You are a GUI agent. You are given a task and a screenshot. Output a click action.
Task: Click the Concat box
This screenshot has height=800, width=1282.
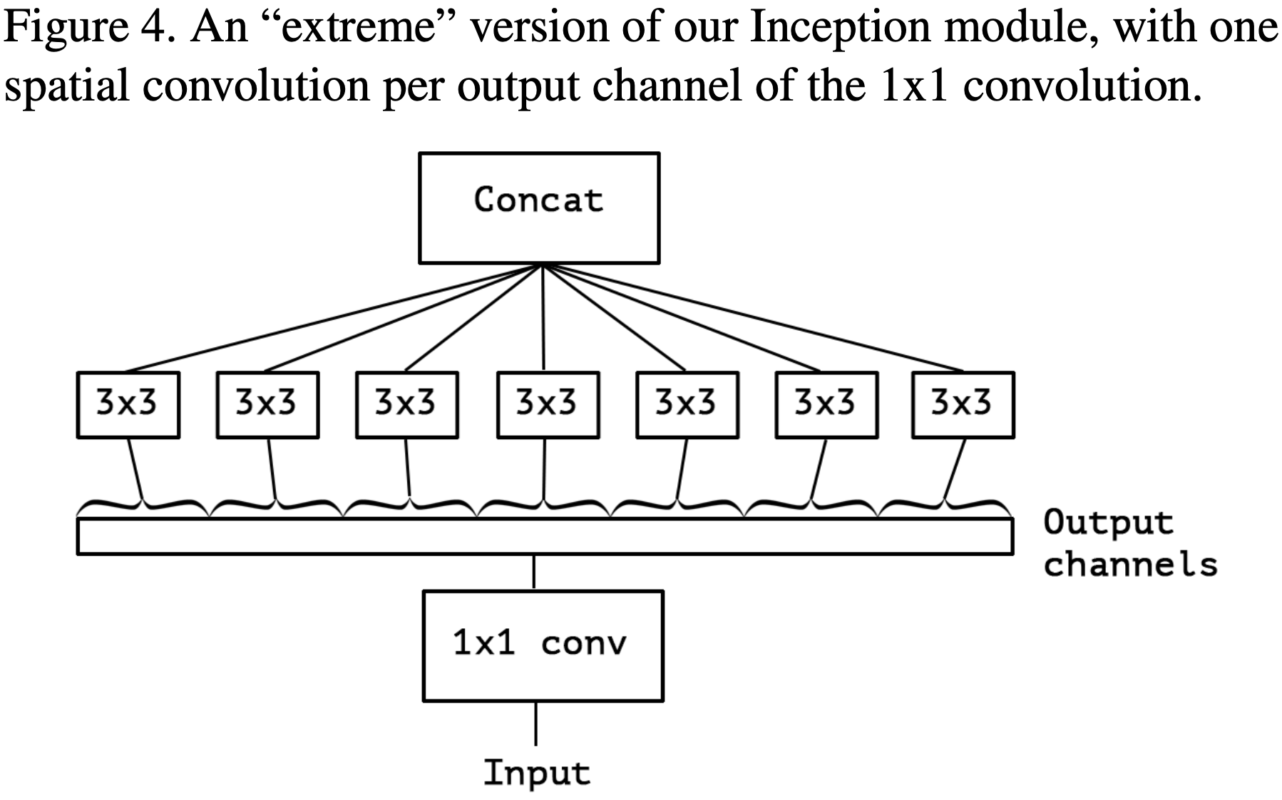tap(539, 207)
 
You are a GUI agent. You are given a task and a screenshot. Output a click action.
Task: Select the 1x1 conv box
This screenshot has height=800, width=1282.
tap(543, 645)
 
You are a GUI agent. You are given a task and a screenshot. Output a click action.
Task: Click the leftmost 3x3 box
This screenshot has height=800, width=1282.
tap(128, 404)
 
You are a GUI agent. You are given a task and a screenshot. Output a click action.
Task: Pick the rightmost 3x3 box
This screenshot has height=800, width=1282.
tap(963, 404)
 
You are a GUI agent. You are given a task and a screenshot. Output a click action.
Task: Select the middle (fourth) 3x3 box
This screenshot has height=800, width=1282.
tap(548, 404)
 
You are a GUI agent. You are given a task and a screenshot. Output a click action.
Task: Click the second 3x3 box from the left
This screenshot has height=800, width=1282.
tap(267, 404)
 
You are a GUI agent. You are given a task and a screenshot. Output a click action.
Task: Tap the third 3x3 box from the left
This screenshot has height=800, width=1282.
tap(407, 404)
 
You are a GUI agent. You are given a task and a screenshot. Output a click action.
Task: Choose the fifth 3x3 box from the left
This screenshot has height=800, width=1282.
tap(687, 404)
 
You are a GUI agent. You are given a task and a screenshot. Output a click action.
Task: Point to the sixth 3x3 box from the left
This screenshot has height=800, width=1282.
tap(826, 404)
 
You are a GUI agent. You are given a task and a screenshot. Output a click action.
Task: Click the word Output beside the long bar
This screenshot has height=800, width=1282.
tap(1108, 523)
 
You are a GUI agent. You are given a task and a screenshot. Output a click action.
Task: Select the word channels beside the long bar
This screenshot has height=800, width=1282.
tap(1130, 564)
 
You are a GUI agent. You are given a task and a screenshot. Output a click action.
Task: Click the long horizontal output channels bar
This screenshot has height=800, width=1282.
tap(545, 536)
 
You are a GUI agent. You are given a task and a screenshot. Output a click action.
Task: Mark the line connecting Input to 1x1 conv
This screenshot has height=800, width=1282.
tap(535, 723)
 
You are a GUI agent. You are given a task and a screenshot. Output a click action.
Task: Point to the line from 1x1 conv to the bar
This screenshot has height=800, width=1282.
tap(534, 572)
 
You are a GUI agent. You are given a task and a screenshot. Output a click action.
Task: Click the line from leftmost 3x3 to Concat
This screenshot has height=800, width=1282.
tap(335, 318)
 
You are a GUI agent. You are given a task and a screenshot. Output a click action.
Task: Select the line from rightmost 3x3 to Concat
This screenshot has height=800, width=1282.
tap(752, 318)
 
